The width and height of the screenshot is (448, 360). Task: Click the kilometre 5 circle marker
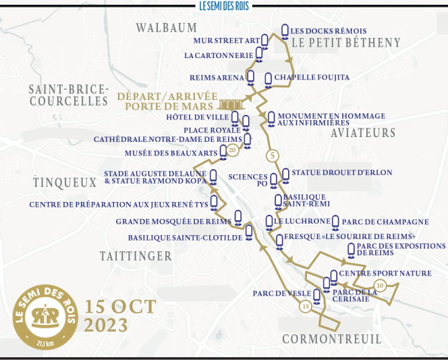[273, 156]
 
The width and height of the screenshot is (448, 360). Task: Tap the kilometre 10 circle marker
[379, 285]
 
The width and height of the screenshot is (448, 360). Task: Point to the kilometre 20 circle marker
[233, 150]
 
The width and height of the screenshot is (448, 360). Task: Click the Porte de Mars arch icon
[231, 103]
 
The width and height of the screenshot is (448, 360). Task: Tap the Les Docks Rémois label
[329, 31]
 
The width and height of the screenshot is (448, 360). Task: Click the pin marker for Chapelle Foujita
[268, 79]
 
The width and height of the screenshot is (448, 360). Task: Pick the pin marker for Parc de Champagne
[335, 222]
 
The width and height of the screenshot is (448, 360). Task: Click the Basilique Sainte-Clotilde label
[185, 237]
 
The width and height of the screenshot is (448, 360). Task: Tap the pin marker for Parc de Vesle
[316, 294]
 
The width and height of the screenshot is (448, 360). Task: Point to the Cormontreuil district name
[331, 338]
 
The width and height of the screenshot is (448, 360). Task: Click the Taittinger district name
[136, 256]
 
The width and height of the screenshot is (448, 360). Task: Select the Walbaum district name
[167, 28]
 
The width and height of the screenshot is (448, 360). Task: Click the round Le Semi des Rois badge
[45, 317]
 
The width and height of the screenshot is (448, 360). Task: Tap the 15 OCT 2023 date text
[120, 315]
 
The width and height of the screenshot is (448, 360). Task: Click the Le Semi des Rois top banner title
[225, 5]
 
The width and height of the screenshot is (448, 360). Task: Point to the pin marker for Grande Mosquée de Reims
[237, 217]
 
